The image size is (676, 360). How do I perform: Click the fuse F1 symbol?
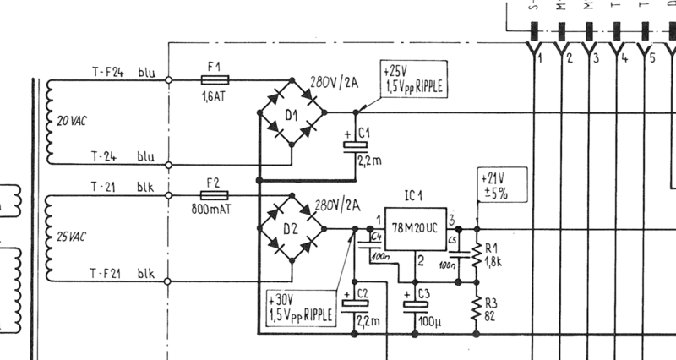pyautogui.click(x=213, y=80)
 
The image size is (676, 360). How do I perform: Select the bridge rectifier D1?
pyautogui.click(x=292, y=112)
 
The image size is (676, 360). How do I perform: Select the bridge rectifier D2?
pyautogui.click(x=292, y=228)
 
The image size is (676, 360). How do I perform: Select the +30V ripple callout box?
pyautogui.click(x=299, y=308)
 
